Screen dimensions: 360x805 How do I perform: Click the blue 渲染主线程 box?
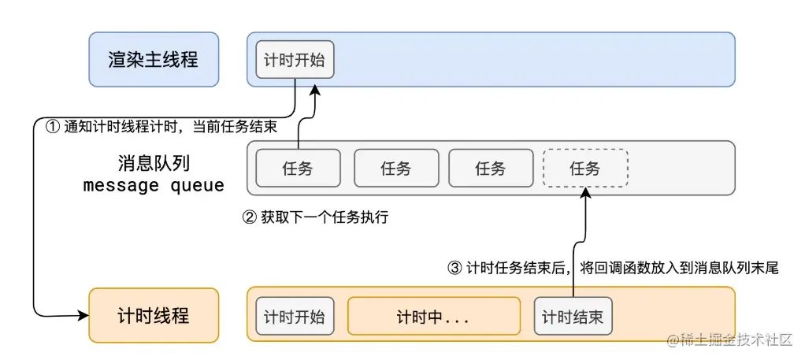click(153, 59)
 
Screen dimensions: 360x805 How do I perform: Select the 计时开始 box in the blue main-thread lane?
click(295, 59)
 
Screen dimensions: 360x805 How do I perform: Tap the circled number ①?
click(54, 127)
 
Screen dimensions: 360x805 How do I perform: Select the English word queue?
click(197, 186)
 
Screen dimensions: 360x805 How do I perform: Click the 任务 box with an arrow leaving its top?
click(298, 168)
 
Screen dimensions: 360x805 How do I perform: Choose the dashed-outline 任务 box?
click(585, 168)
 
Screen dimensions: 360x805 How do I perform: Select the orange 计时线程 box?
click(153, 315)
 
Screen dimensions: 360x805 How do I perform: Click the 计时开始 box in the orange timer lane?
click(295, 316)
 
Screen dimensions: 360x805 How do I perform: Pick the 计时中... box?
click(433, 316)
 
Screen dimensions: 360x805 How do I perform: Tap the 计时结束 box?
click(573, 316)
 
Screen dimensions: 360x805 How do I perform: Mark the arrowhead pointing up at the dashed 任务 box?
click(585, 192)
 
